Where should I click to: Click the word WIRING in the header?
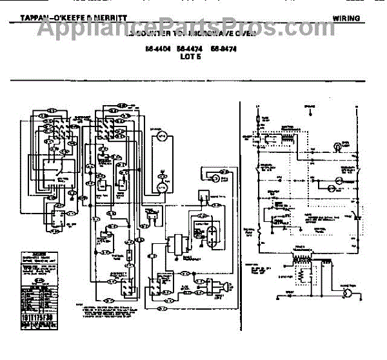click(x=346, y=18)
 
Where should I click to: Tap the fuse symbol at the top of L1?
click(x=258, y=119)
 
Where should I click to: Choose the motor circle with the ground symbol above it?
click(x=161, y=186)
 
